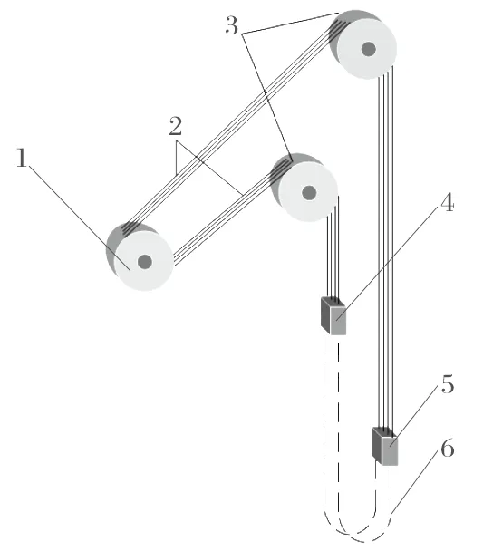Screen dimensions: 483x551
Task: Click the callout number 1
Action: click(x=22, y=158)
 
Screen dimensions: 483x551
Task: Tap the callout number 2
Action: click(x=175, y=126)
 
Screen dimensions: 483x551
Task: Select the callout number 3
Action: click(x=231, y=25)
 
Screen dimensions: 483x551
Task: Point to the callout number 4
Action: click(x=447, y=203)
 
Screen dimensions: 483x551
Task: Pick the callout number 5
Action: click(x=448, y=384)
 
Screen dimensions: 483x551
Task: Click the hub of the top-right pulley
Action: click(x=369, y=49)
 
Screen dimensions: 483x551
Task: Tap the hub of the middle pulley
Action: click(x=309, y=192)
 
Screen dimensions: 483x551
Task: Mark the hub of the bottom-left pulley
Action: click(x=145, y=262)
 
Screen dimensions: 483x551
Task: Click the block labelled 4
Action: click(x=333, y=316)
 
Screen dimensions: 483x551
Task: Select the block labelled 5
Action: click(x=384, y=446)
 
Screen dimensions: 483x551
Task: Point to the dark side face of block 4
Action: click(x=325, y=315)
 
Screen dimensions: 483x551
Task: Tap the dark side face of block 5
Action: click(x=377, y=445)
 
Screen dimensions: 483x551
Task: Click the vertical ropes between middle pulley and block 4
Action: click(x=333, y=253)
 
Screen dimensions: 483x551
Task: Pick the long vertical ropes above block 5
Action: click(x=385, y=246)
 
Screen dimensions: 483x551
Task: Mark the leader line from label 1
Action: click(x=80, y=217)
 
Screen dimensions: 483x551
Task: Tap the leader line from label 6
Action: click(x=414, y=485)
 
